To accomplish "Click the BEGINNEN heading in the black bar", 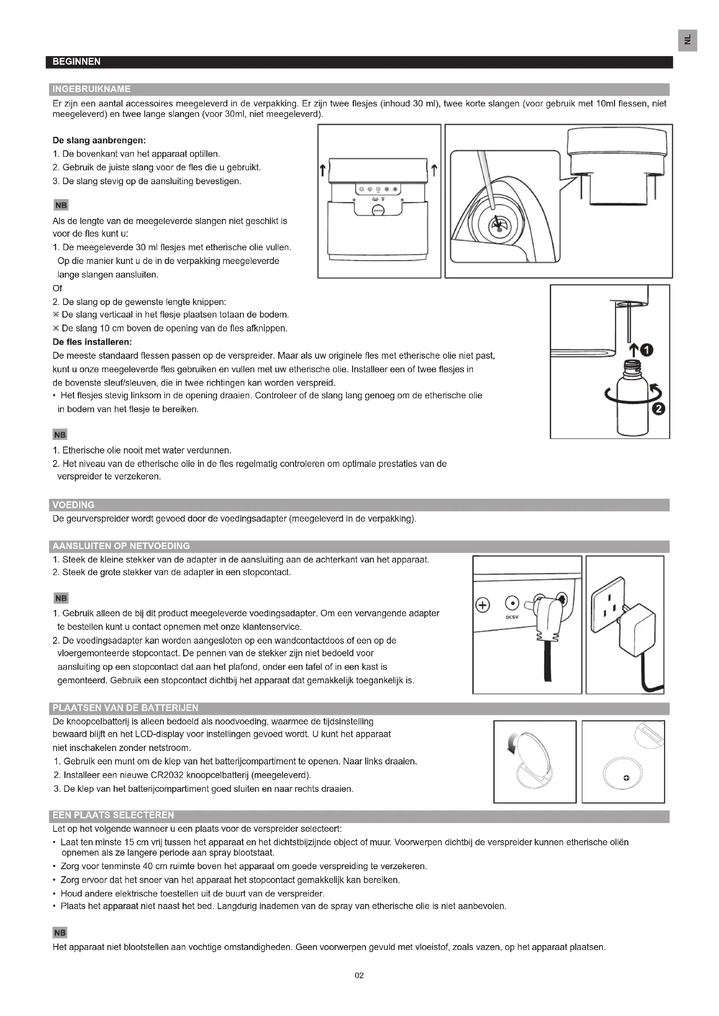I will [x=76, y=62].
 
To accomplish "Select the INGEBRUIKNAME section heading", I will [x=91, y=89].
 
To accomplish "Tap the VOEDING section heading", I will [x=73, y=505].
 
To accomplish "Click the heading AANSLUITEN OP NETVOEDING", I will [x=121, y=546].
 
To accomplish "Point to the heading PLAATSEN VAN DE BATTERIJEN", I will [x=125, y=708].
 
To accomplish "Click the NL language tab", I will [x=688, y=40].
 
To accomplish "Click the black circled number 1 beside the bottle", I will [x=647, y=351].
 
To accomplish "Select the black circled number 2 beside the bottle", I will [x=659, y=409].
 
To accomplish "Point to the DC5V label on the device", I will [x=511, y=617].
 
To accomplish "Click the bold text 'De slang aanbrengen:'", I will [x=99, y=141].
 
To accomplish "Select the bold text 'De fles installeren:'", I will [x=92, y=342].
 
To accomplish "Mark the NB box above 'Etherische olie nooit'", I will [x=60, y=435].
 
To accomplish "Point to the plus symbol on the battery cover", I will [x=626, y=778].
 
